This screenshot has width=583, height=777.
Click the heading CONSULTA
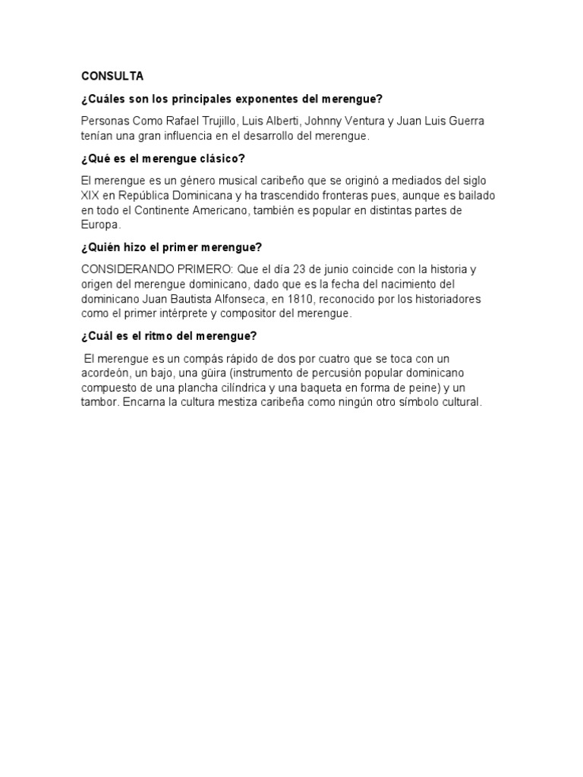pos(112,76)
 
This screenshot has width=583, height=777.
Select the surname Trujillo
pos(215,121)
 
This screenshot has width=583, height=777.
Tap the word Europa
pos(100,225)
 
